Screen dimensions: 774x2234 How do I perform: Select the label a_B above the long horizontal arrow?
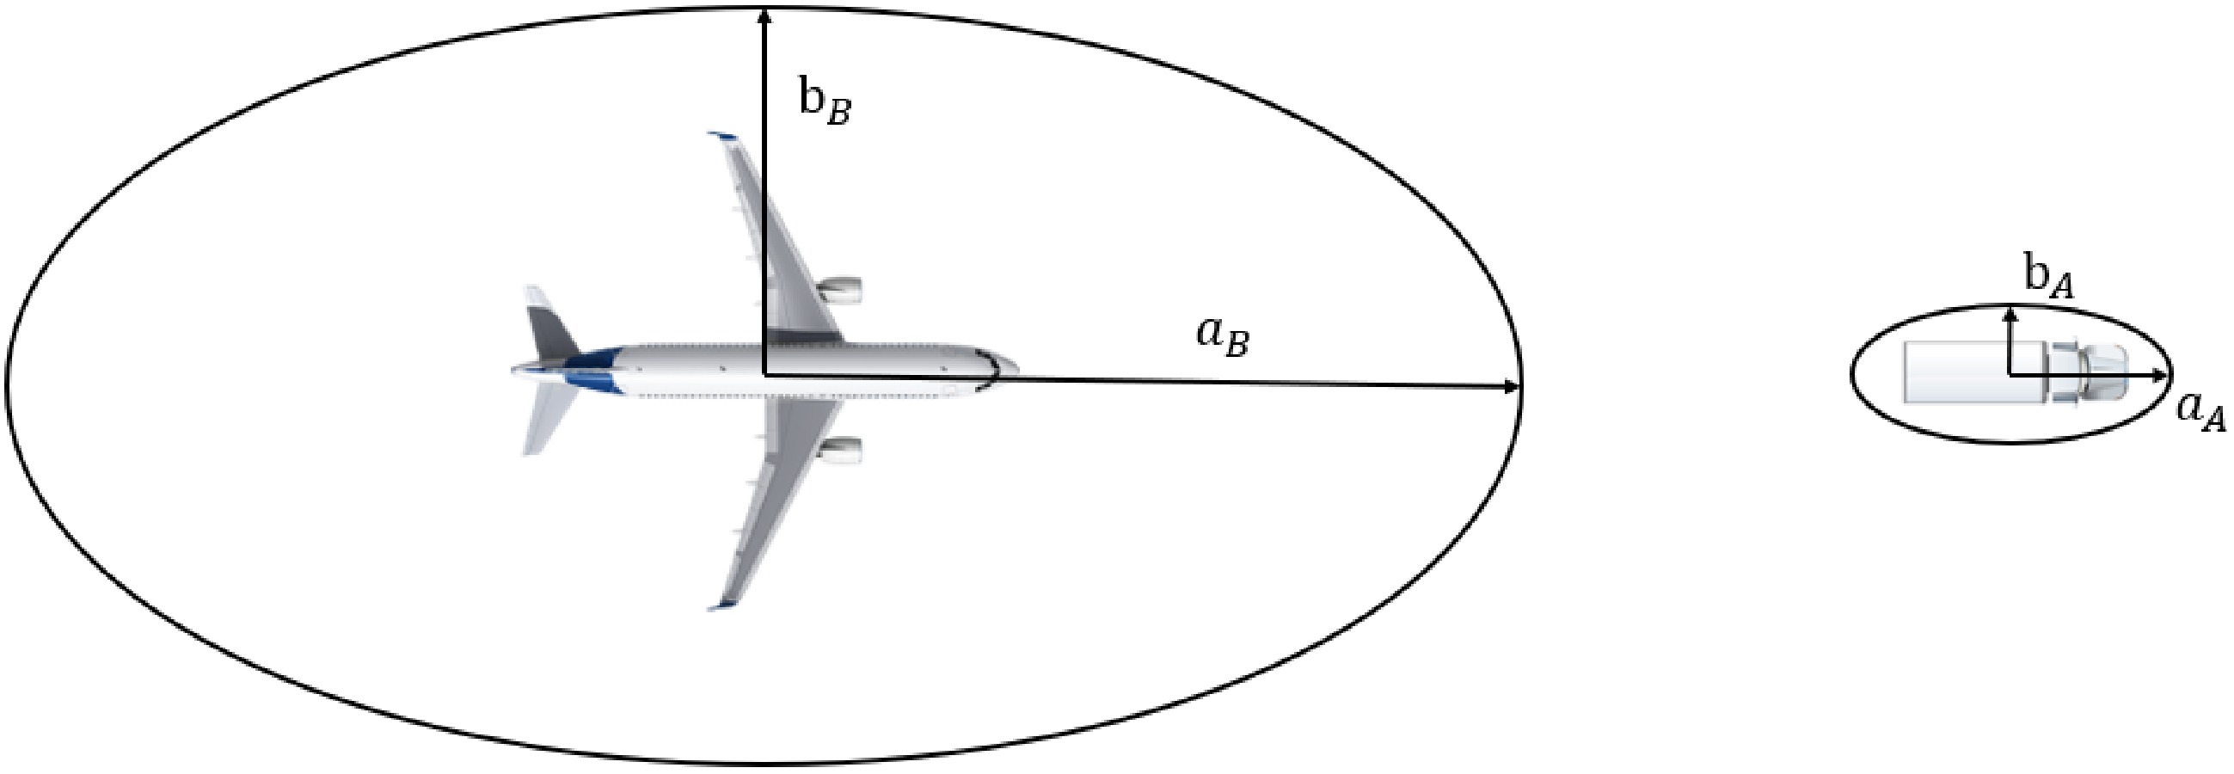click(x=1223, y=338)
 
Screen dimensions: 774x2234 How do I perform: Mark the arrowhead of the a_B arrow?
click(x=1513, y=387)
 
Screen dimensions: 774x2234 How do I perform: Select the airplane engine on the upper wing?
click(x=839, y=290)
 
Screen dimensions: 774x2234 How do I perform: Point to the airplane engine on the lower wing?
click(x=839, y=450)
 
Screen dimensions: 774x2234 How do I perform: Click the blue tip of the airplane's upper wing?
click(x=721, y=136)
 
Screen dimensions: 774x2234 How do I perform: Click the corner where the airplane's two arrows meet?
click(x=764, y=375)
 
